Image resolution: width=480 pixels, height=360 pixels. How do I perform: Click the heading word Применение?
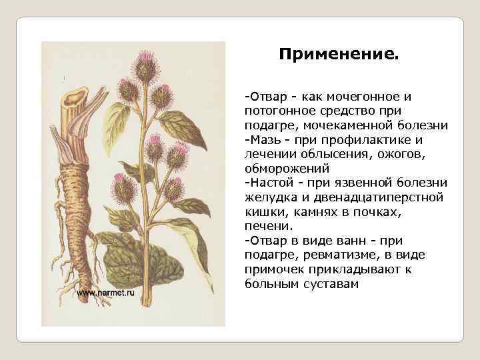[339, 53]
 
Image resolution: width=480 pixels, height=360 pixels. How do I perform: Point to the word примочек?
[274, 270]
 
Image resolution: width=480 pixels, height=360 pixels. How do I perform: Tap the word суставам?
[333, 284]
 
